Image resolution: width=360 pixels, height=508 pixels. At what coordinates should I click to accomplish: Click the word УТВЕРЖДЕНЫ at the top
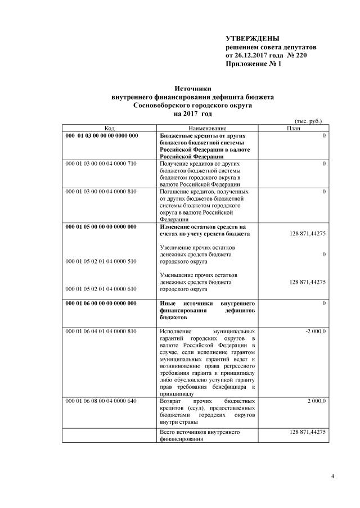click(x=251, y=39)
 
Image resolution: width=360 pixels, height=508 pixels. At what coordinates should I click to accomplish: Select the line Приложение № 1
click(x=253, y=64)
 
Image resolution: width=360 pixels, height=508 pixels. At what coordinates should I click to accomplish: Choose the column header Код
click(x=110, y=129)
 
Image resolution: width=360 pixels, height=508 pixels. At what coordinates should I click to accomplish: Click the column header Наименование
click(x=208, y=129)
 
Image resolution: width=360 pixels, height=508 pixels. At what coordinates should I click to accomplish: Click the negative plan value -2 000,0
click(x=315, y=332)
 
